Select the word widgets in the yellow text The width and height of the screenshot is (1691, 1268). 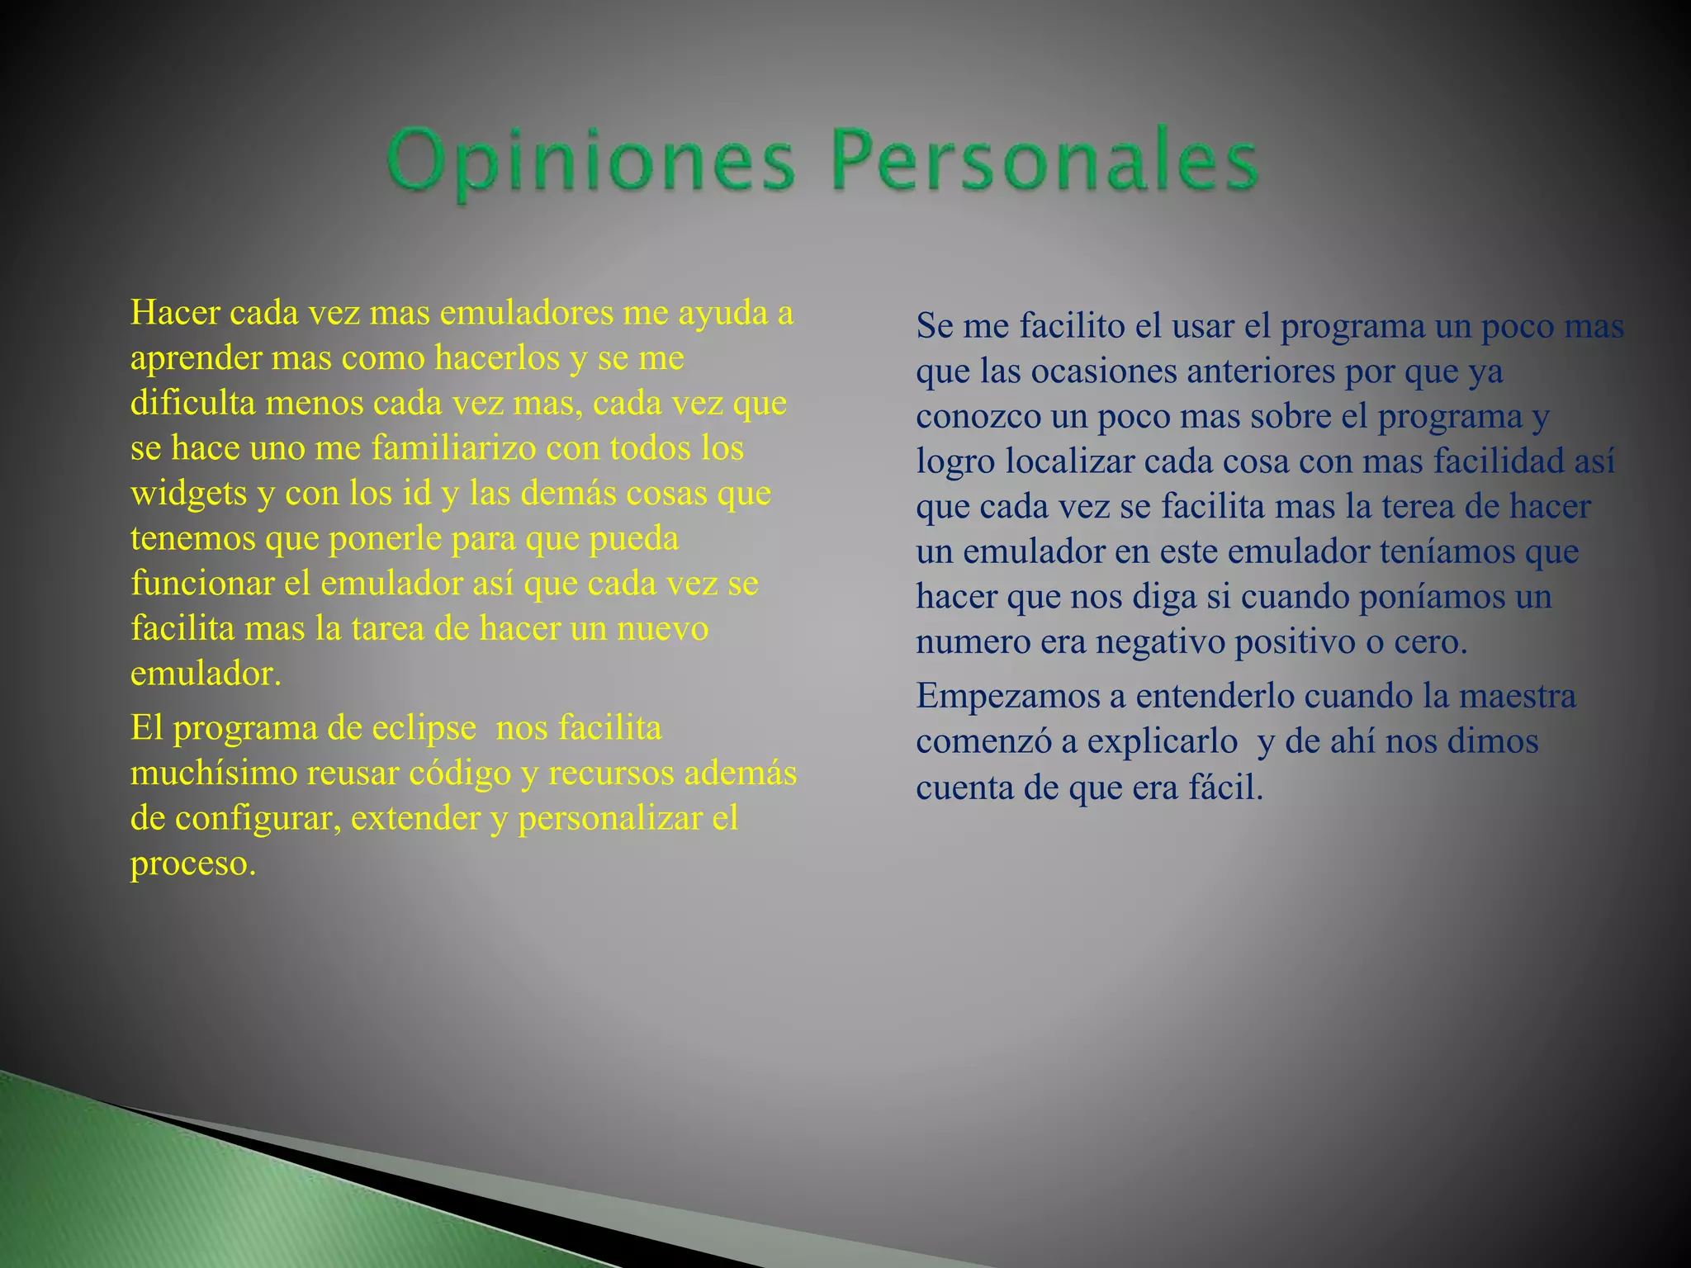point(188,494)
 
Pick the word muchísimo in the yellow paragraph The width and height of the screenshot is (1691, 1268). point(213,774)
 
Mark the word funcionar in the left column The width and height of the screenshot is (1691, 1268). point(201,584)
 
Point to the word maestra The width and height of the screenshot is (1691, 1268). point(1517,697)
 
